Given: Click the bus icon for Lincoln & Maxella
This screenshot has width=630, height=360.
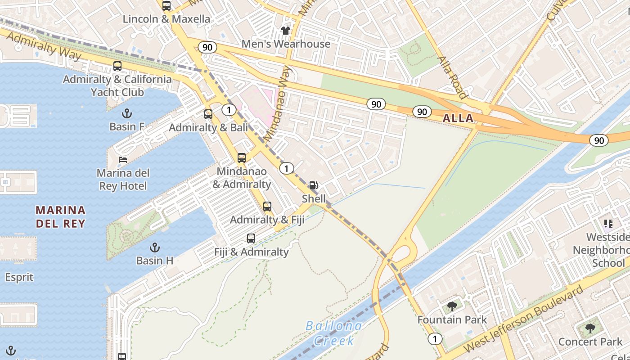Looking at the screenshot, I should click(x=166, y=6).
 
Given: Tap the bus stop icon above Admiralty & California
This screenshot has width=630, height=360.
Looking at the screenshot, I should click(x=117, y=66).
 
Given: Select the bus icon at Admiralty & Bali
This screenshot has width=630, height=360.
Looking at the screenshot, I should click(x=208, y=114).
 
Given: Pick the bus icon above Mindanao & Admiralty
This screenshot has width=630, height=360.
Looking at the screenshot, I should click(x=242, y=158).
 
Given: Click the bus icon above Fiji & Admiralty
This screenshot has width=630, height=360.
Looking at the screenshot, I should click(x=251, y=238).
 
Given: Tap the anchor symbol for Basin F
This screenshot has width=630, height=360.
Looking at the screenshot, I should click(x=127, y=113).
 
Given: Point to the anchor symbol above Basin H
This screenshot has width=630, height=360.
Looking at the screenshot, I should click(x=155, y=247).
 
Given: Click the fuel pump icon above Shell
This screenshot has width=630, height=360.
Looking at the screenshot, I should click(x=313, y=185).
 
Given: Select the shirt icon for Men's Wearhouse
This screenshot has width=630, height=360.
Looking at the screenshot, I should click(x=286, y=31).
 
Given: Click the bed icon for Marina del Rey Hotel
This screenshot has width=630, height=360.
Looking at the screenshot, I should click(x=123, y=160).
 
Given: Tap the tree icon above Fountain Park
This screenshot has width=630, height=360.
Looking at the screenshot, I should click(x=452, y=306).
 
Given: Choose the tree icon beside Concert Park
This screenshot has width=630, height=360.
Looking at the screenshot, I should click(x=590, y=328).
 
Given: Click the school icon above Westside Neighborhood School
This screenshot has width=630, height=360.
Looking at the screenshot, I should click(x=608, y=224).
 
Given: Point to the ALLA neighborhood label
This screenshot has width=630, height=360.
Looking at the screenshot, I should click(x=458, y=118).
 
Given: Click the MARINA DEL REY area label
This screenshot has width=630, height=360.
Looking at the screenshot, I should click(x=60, y=216).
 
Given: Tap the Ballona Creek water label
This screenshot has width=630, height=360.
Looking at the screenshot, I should click(x=333, y=333).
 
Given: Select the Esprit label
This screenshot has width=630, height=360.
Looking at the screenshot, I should click(x=19, y=277).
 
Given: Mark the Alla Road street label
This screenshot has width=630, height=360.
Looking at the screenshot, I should click(x=452, y=77).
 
